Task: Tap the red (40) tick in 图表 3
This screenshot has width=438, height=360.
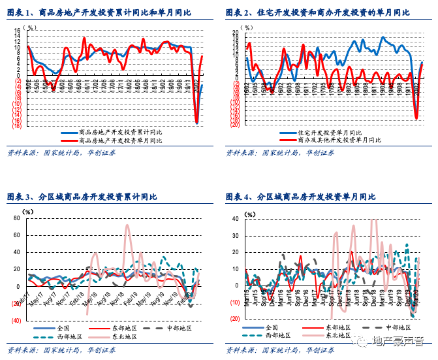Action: pos(16,320)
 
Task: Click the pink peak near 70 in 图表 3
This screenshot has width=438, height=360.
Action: pos(127,226)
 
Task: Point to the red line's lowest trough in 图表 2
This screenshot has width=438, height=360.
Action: pos(416,118)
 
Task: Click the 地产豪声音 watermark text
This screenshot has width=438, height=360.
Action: pos(397,340)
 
